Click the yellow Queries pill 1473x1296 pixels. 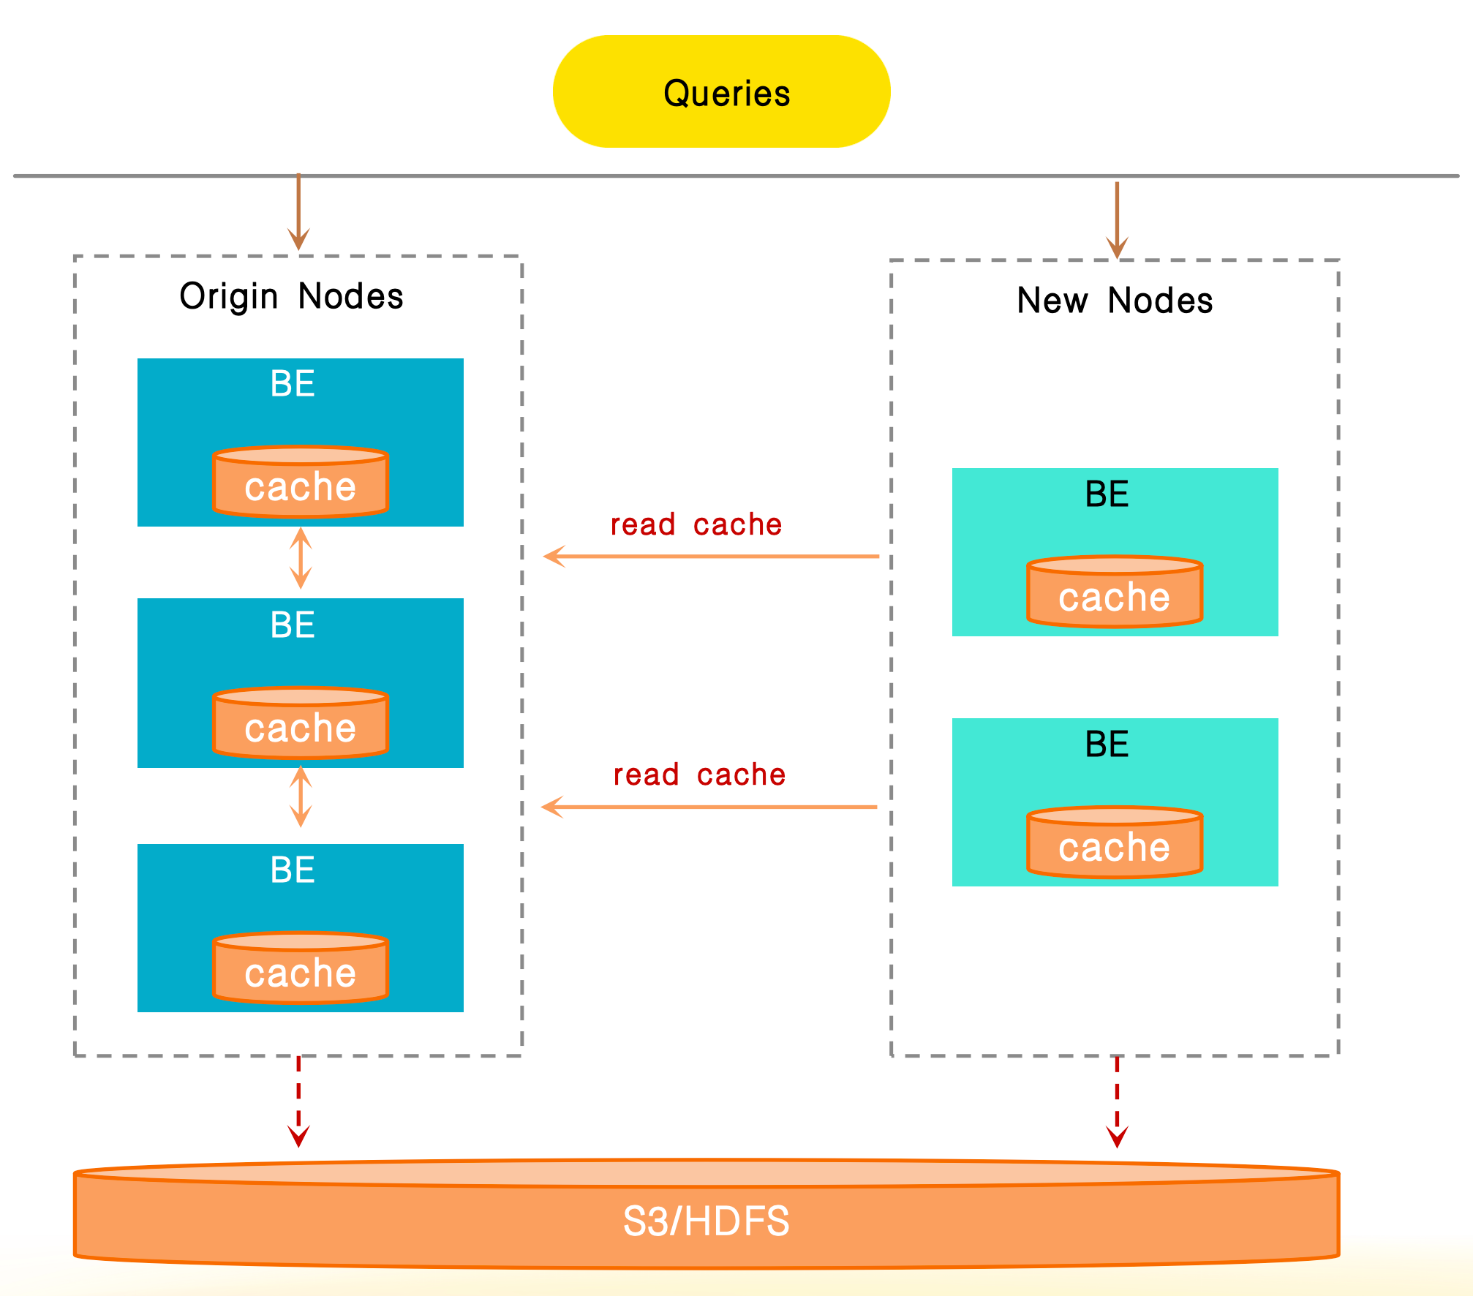pos(721,92)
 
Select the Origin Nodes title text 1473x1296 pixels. pos(291,297)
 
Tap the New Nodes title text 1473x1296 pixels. pos(1114,301)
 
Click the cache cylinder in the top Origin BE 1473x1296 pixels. pos(300,483)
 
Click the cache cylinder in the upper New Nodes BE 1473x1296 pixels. pos(1114,593)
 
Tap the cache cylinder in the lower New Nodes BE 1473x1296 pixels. pos(1114,843)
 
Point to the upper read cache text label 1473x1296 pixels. pos(696,525)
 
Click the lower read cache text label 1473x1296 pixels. pos(699,775)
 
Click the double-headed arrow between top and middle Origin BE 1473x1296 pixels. pos(301,559)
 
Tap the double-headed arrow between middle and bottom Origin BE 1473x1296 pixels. pos(301,797)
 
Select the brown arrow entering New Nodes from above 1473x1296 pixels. pos(1117,219)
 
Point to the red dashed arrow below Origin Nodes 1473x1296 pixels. pos(298,1101)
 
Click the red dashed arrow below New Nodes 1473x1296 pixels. pos(1117,1101)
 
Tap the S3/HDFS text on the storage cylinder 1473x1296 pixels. pos(706,1221)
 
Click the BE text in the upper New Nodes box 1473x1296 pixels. pos(1107,494)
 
